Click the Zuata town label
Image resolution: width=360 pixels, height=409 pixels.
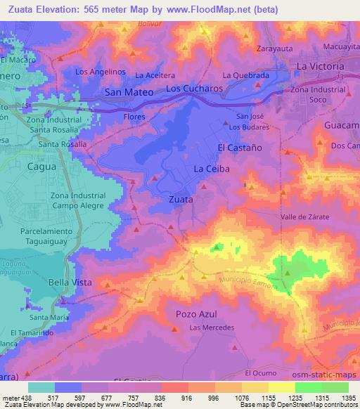181,199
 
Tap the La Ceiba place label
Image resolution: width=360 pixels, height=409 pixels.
209,169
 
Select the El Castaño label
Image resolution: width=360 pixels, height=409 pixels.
239,148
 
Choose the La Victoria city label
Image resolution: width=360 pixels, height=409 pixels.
321,66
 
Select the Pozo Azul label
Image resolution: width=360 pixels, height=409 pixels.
196,313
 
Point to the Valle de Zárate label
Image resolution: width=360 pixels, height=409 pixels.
305,217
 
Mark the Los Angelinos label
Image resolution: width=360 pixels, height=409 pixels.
100,72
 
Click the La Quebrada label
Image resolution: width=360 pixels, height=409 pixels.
246,75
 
